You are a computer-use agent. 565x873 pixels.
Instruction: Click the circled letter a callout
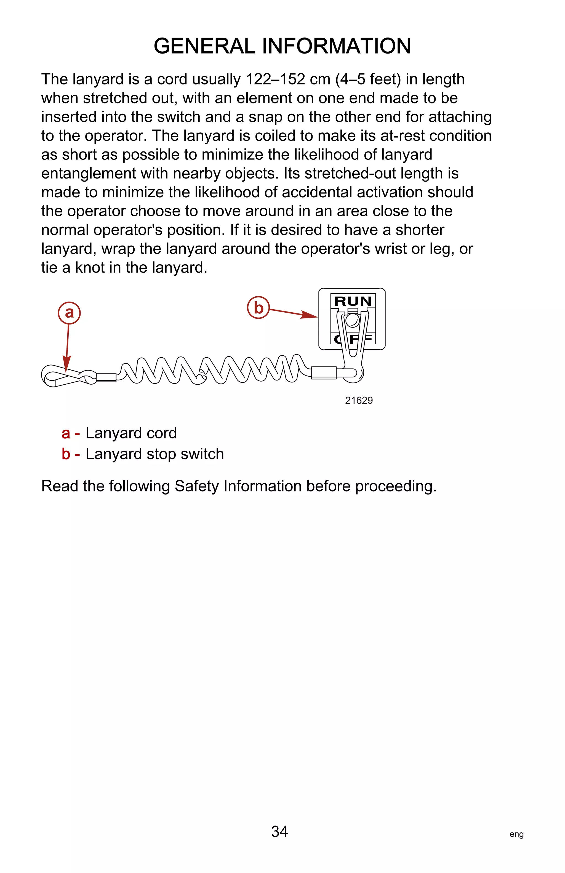click(69, 313)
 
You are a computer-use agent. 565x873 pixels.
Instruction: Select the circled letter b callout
click(258, 307)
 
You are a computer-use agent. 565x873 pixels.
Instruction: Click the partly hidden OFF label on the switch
click(353, 339)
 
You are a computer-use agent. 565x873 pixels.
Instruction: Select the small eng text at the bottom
click(516, 834)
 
